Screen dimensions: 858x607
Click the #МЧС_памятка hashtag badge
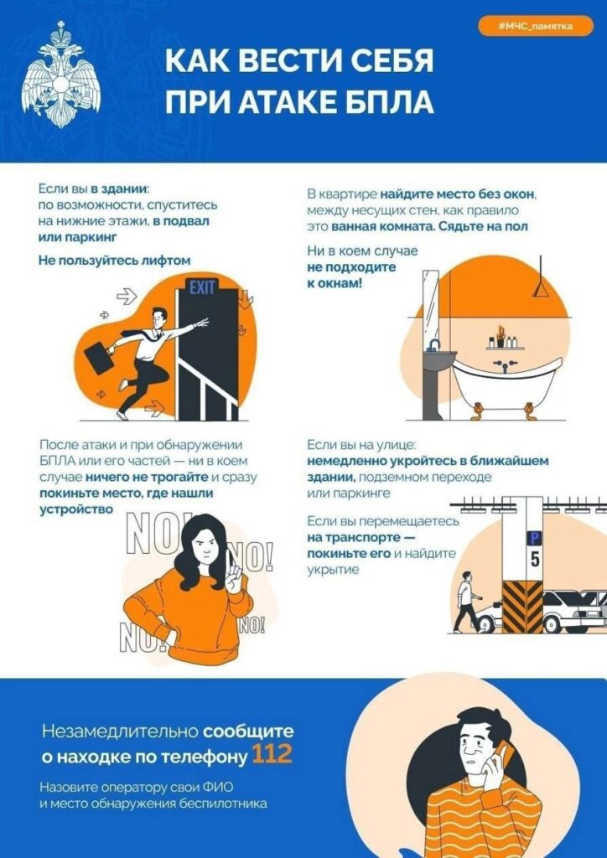pos(534,27)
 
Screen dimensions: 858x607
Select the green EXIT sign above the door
pos(202,288)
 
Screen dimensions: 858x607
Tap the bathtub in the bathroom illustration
pos(506,379)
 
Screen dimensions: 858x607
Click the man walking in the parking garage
pos(464,601)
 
